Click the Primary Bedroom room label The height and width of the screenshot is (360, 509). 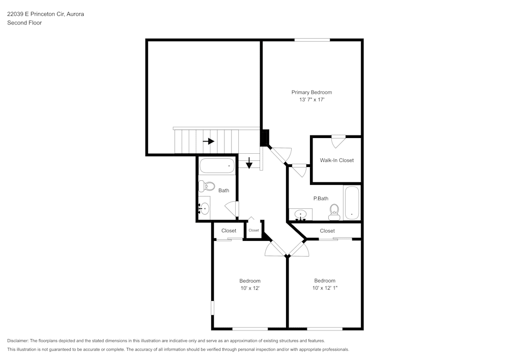[312, 92]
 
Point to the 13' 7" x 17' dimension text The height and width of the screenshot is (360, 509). [312, 100]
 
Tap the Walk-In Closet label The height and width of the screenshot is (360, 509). [336, 160]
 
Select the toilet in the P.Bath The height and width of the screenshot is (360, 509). [334, 211]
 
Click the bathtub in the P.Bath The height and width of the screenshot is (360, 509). [352, 202]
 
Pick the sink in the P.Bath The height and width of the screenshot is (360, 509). [301, 214]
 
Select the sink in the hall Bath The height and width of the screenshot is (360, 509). [204, 208]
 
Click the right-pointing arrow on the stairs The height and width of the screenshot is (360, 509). [208, 141]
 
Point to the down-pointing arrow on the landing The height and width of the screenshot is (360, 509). [249, 163]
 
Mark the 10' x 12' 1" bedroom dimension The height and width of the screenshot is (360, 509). [325, 288]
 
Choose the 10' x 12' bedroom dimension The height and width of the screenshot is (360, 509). [250, 288]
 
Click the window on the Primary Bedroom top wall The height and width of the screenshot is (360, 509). [312, 40]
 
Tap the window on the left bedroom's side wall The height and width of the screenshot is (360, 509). [212, 308]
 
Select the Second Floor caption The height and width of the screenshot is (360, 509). [24, 23]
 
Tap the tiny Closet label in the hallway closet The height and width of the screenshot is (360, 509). [253, 230]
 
